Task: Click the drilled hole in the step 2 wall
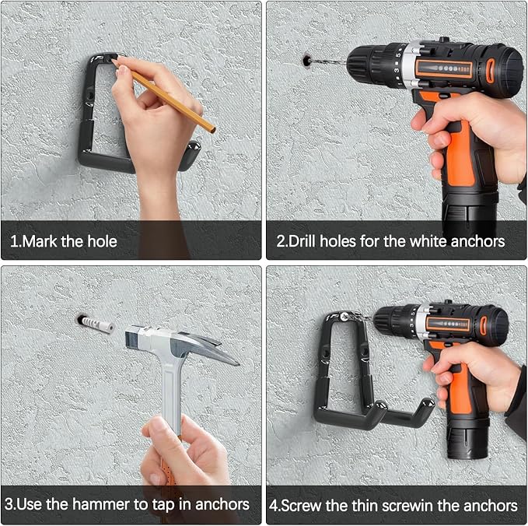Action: click(306, 61)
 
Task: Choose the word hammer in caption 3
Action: click(101, 504)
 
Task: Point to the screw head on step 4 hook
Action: click(343, 316)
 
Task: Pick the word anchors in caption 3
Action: click(222, 504)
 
